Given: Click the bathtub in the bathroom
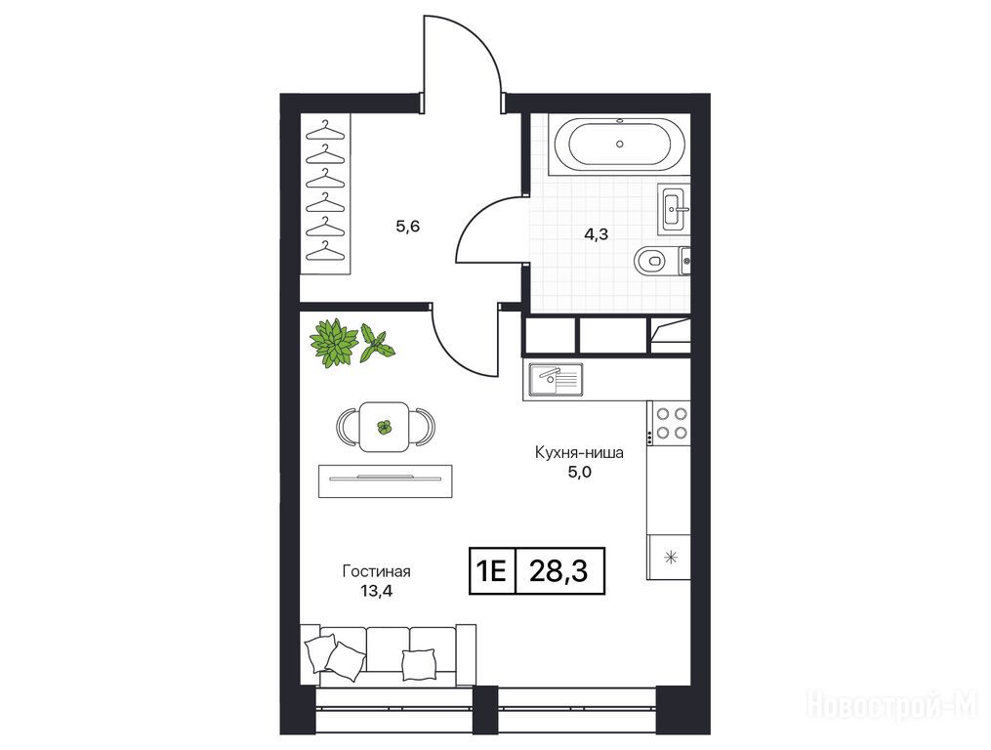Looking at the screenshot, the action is click(x=619, y=145).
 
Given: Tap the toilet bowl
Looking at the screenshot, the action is click(x=649, y=261).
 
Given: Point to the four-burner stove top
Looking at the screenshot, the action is click(x=671, y=423).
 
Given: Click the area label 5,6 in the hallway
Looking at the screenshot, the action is click(x=408, y=227).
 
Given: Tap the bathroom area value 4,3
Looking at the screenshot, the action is click(x=596, y=234).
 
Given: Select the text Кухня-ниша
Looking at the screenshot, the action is click(x=579, y=453).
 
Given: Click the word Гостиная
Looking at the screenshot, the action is click(x=376, y=571).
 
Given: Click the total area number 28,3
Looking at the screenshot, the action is click(x=558, y=571).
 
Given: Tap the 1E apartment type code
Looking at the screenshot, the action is click(x=491, y=571).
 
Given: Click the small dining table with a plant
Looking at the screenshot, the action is click(x=384, y=427).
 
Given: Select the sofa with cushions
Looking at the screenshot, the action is click(x=388, y=656).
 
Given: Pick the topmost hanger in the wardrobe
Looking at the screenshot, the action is click(x=325, y=131).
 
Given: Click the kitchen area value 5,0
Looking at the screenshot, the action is click(x=580, y=473).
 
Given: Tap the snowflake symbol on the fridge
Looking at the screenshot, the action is click(x=671, y=557).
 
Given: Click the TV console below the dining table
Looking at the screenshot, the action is click(x=386, y=480).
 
